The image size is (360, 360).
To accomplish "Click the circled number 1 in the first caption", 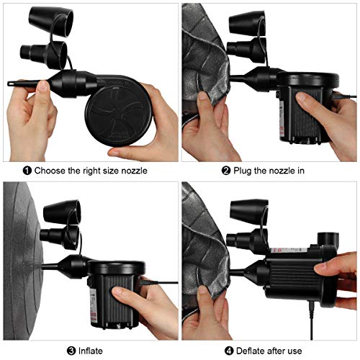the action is click(27, 171).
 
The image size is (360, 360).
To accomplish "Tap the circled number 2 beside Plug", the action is click(226, 171).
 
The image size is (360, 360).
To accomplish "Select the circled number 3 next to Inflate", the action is click(71, 351).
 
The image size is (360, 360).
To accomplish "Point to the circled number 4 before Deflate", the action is click(229, 351).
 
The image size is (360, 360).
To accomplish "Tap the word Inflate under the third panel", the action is click(91, 351).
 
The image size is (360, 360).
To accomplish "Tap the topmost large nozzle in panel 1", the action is click(51, 22).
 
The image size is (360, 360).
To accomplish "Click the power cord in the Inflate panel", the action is click(159, 282).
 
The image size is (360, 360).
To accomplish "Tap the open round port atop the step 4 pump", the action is click(328, 238).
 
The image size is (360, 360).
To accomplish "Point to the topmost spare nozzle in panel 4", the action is click(249, 211).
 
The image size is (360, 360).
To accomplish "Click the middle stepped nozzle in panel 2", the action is click(246, 50).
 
